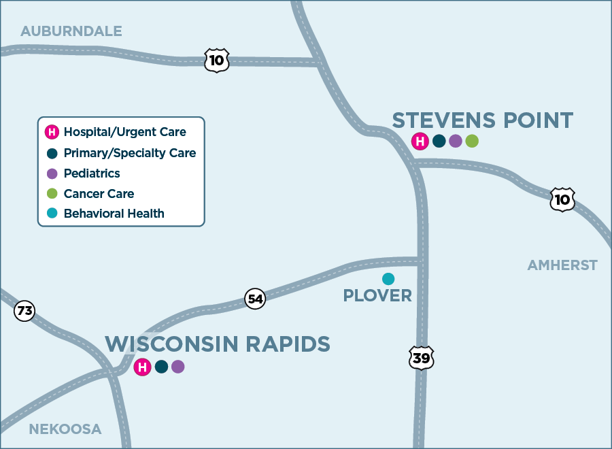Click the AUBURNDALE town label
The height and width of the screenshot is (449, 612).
[x=71, y=31]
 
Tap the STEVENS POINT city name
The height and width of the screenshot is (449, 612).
[x=483, y=120]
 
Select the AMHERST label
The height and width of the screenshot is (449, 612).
[x=562, y=265]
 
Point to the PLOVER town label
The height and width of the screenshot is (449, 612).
[x=377, y=296]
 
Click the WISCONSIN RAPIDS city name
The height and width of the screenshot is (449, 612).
[x=218, y=344]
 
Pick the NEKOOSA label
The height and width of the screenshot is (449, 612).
[x=65, y=429]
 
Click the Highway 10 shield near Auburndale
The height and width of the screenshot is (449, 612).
[x=217, y=61]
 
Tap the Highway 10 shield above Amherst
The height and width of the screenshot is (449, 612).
[x=562, y=199]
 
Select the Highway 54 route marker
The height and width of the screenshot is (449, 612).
[x=255, y=299]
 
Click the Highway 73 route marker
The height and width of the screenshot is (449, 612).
[x=24, y=312]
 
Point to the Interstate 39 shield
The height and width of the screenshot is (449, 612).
[x=422, y=358]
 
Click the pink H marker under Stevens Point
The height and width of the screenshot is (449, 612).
[x=420, y=142]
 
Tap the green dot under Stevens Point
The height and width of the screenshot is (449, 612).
[x=472, y=142]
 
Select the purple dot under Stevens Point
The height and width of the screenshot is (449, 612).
[x=456, y=142]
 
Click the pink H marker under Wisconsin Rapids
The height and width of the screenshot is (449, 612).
[x=142, y=367]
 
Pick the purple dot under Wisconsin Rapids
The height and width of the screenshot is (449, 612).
[x=177, y=367]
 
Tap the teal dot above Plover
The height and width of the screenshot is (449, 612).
[x=388, y=278]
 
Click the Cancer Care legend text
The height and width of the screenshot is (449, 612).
[x=99, y=194]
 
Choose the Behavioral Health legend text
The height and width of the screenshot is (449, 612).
[x=114, y=214]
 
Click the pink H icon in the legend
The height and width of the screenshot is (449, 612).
[x=51, y=132]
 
